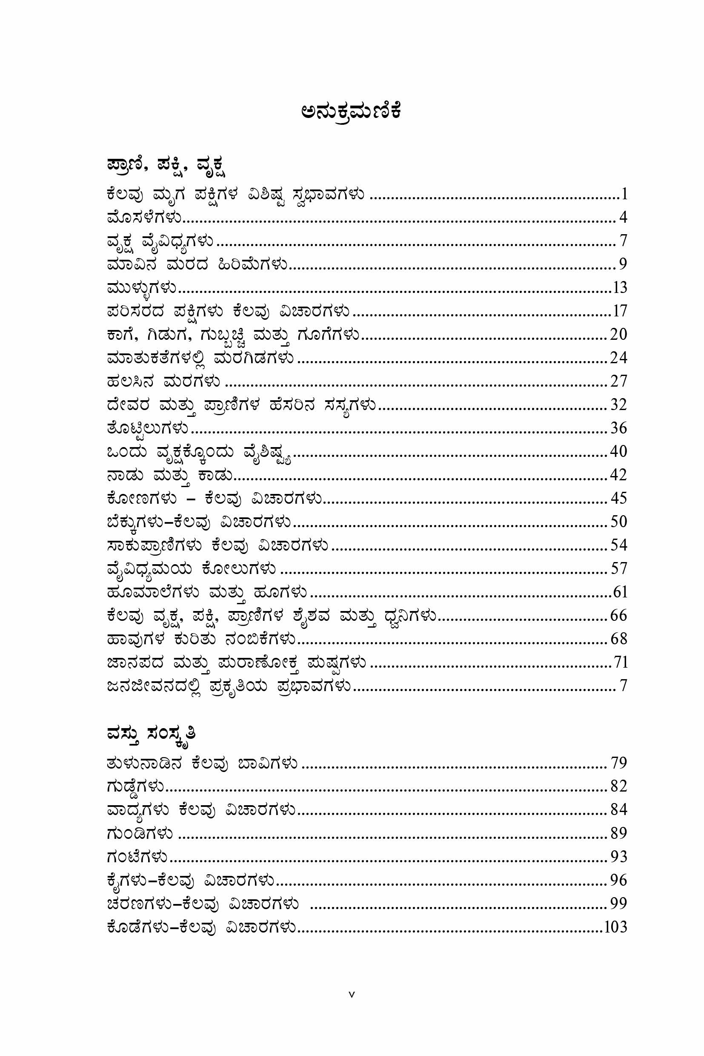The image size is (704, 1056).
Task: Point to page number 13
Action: pyautogui.click(x=620, y=287)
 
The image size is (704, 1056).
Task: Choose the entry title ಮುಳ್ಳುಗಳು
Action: pyautogui.click(x=142, y=288)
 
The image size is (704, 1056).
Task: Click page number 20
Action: pyautogui.click(x=618, y=334)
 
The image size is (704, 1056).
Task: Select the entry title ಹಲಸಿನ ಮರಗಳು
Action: pyautogui.click(x=164, y=382)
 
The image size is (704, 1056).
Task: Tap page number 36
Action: pyautogui.click(x=618, y=428)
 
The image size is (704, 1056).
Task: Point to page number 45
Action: pyautogui.click(x=618, y=498)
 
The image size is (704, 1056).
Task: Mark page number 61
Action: pyautogui.click(x=620, y=592)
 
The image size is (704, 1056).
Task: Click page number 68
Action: pyautogui.click(x=618, y=639)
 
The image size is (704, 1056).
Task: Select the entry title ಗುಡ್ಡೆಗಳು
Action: pyautogui.click(x=136, y=787)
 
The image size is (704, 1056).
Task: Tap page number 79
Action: pyautogui.click(x=618, y=763)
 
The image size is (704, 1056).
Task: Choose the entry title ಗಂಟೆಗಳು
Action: pyautogui.click(x=137, y=857)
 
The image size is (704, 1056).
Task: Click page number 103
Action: pyautogui.click(x=615, y=927)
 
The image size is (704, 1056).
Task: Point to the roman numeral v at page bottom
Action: pyautogui.click(x=352, y=1007)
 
